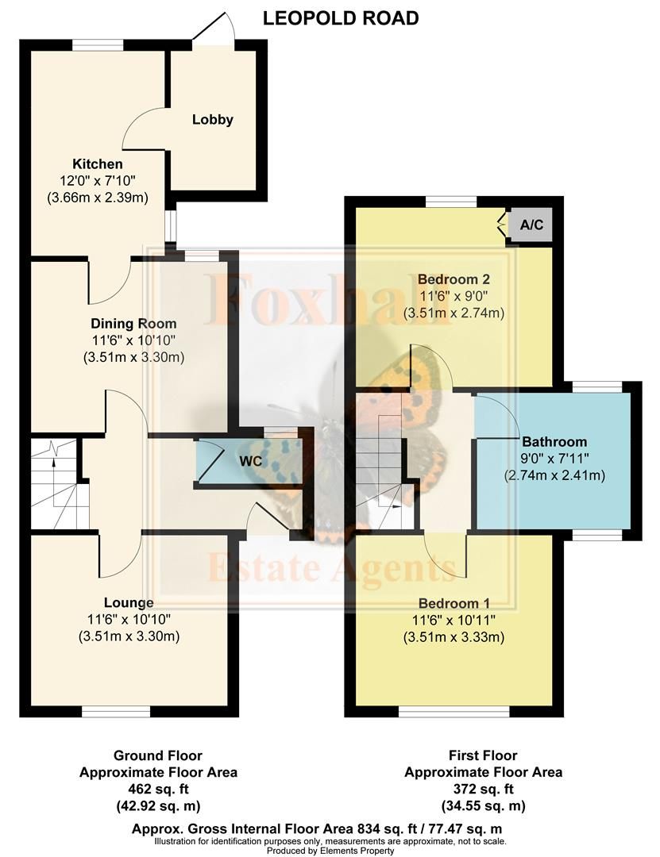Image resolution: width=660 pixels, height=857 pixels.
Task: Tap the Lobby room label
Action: [213, 120]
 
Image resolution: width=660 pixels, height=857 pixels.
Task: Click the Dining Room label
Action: [133, 324]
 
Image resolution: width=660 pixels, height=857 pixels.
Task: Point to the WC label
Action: [251, 461]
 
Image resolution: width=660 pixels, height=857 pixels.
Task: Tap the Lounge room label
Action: [129, 603]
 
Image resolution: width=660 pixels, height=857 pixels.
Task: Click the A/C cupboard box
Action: [531, 225]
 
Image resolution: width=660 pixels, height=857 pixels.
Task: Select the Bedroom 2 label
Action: [454, 279]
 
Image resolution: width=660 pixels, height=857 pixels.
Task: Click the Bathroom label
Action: [554, 442]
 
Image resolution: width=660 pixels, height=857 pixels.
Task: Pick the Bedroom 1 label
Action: [454, 601]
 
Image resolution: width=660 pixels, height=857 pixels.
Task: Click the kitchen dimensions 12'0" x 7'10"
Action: [98, 181]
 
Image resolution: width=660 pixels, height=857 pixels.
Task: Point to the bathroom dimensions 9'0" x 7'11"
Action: [554, 459]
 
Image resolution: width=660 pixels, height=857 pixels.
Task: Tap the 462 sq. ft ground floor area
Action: [157, 789]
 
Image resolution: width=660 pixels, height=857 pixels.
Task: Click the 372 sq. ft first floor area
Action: [483, 789]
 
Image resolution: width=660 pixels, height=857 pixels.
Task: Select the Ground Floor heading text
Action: [157, 755]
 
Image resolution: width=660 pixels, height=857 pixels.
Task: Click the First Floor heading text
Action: [483, 755]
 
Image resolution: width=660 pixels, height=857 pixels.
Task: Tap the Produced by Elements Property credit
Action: [330, 851]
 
